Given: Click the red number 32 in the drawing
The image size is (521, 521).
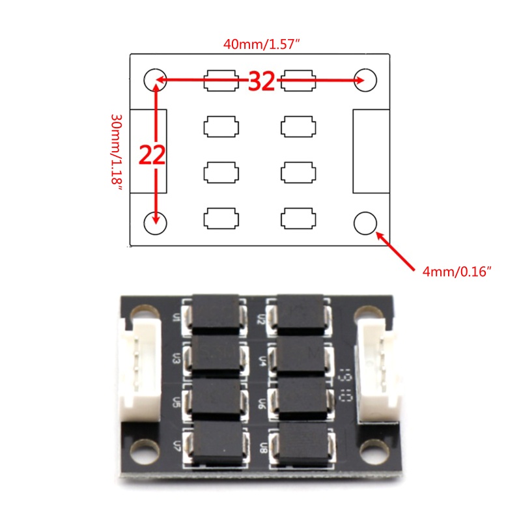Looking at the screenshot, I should (261, 81).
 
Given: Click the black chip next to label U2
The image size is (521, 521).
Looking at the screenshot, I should (301, 314).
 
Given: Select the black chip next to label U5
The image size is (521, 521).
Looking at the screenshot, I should (216, 398).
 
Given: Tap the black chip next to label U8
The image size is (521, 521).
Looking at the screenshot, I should (301, 445).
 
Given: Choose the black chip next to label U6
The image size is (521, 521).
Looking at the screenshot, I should (301, 398).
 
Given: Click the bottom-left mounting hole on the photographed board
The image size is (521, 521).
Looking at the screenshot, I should (143, 449).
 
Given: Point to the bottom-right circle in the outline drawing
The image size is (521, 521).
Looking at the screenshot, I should (365, 223).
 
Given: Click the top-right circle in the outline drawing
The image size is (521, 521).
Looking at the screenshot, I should (365, 80).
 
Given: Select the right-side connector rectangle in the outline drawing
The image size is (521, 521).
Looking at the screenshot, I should (371, 151).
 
